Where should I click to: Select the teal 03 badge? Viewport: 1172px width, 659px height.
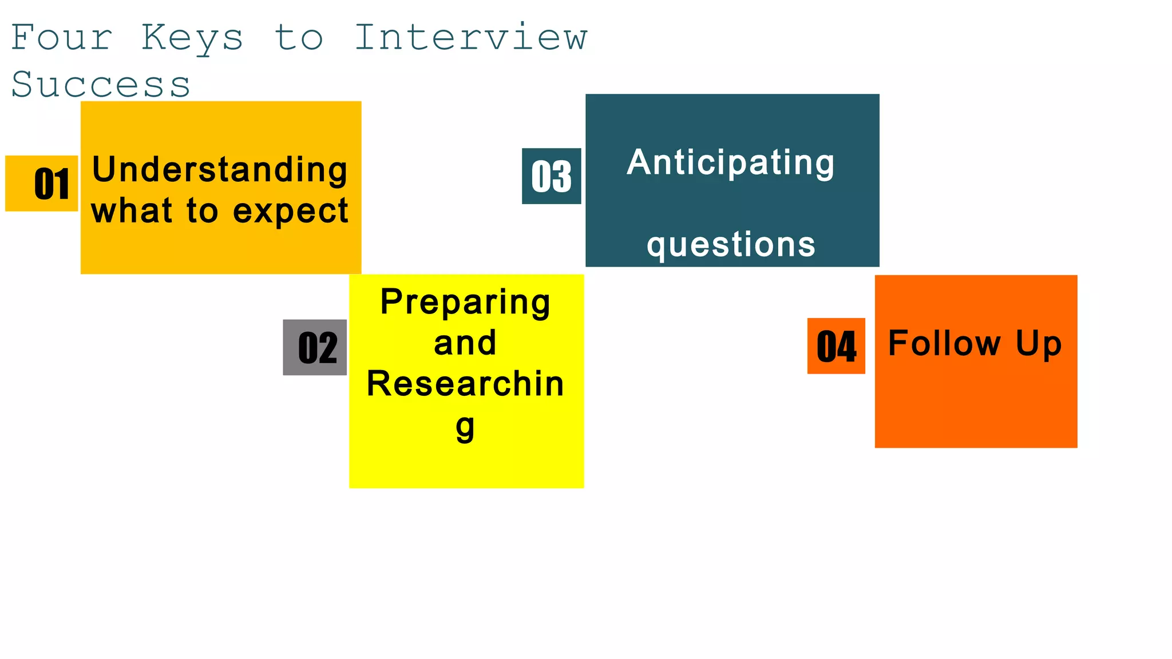coord(551,176)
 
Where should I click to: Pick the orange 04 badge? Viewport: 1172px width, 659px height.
coord(836,346)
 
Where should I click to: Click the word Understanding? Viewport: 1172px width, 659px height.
coord(220,170)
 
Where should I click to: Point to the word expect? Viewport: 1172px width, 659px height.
coord(291,211)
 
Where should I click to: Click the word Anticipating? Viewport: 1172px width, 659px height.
coord(731,162)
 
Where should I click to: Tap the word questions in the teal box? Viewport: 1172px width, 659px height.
coord(731,245)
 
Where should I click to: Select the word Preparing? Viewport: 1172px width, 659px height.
coord(465,301)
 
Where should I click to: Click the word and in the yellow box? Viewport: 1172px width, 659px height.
coord(465,343)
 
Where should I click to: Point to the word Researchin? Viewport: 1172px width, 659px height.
coord(465,384)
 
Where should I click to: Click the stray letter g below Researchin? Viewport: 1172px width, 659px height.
coord(465,427)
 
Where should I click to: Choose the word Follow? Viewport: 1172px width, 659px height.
coord(944,343)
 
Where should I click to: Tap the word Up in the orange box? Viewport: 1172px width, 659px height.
coord(1039,344)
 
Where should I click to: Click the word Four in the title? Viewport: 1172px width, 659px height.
coord(62,38)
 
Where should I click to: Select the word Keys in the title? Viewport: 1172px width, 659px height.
coord(192,38)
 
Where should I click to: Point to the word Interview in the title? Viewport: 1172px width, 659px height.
coord(471,38)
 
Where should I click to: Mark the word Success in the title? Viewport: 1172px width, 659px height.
coord(101,85)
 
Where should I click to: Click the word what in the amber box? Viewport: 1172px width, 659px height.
coord(132,211)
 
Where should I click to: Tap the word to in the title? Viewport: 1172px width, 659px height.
coord(299,38)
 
